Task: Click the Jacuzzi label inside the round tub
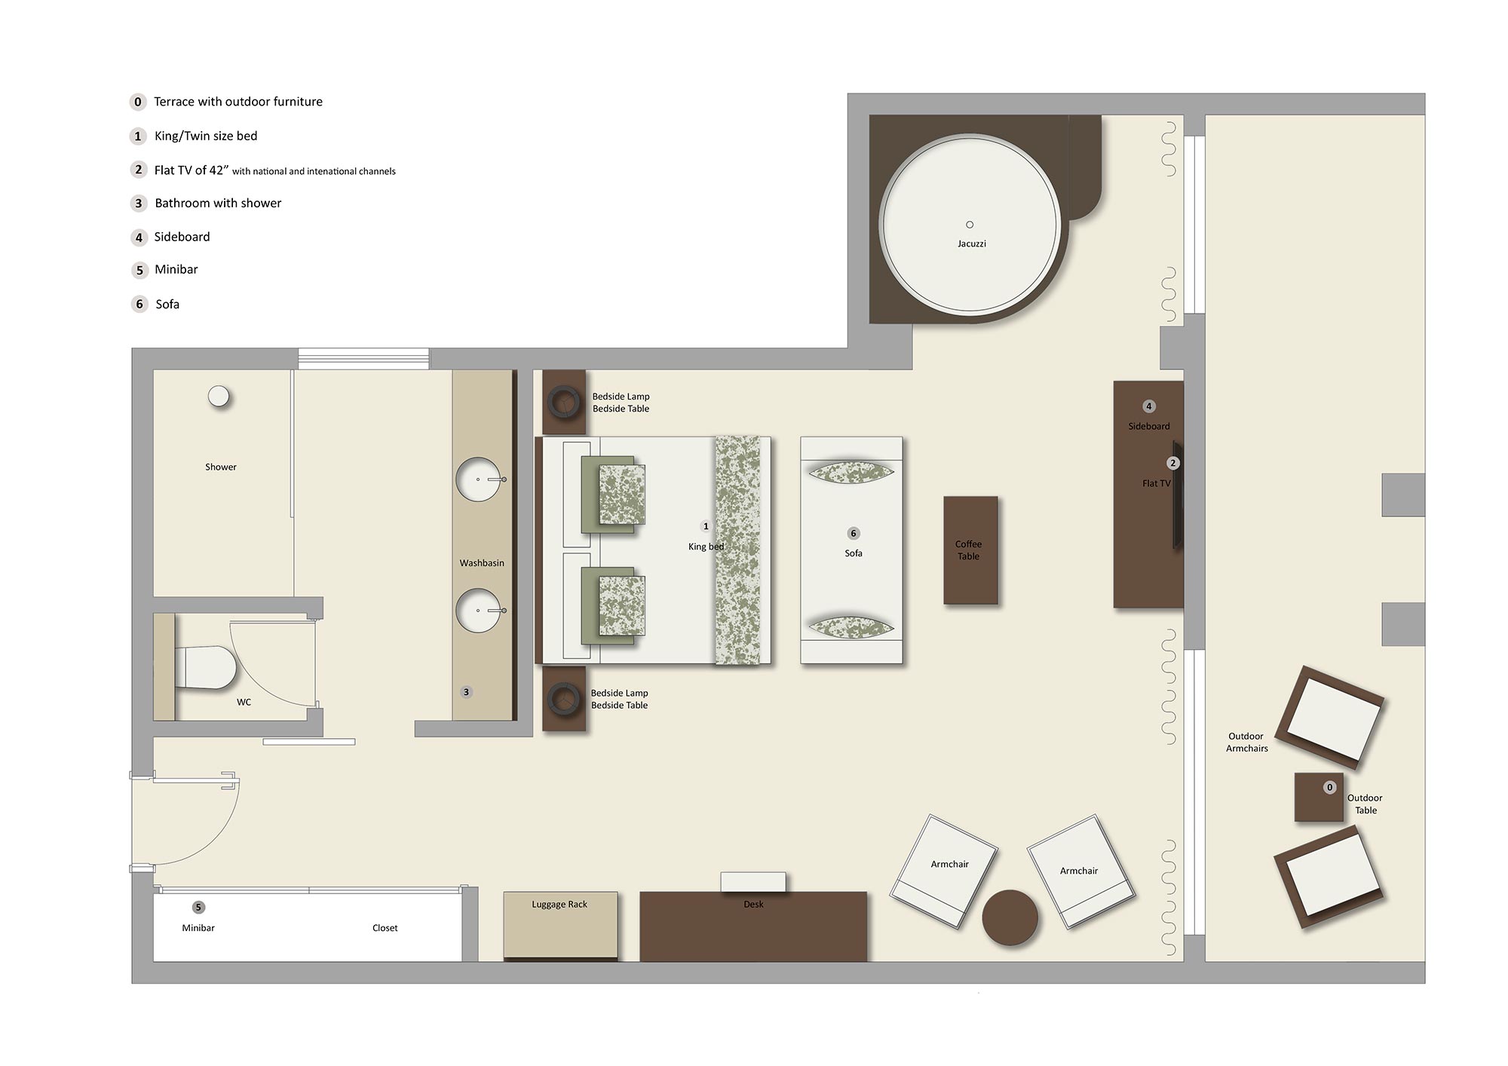[x=971, y=244]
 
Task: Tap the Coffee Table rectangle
[x=970, y=550]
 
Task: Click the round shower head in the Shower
[x=219, y=396]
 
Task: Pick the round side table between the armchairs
[x=1010, y=917]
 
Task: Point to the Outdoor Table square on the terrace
[x=1318, y=798]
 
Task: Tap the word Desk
[x=753, y=904]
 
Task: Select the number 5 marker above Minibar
[x=198, y=907]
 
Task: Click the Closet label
[x=385, y=928]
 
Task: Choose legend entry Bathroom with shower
[x=218, y=203]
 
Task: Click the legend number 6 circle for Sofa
[x=139, y=304]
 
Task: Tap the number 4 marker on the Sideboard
[x=1149, y=406]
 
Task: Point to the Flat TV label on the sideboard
[x=1156, y=483]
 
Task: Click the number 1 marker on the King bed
[x=706, y=526]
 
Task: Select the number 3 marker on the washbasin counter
[x=466, y=692]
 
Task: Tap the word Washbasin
[x=482, y=563]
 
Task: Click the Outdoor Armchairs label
[x=1246, y=743]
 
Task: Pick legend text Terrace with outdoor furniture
[x=238, y=102]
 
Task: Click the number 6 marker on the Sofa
[x=854, y=533]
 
